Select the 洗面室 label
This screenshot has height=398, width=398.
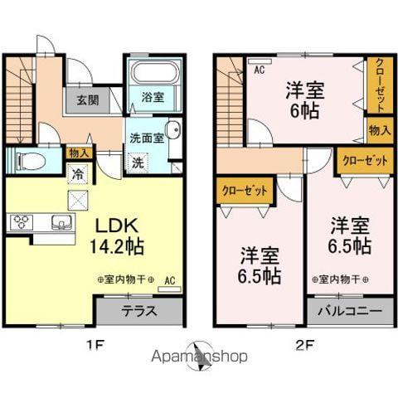click(147, 138)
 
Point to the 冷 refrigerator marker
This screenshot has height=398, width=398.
click(77, 173)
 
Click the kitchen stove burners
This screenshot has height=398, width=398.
click(20, 222)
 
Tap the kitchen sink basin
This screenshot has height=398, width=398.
click(61, 222)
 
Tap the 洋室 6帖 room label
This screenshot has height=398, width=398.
click(304, 100)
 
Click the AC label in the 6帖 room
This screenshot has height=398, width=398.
click(259, 70)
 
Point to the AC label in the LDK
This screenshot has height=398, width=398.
click(169, 279)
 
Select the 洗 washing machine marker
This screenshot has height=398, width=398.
click(138, 162)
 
